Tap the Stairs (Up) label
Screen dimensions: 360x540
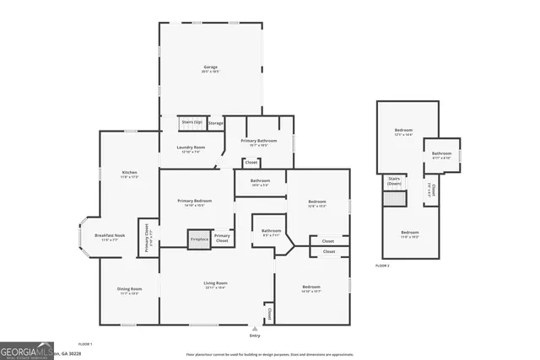coord(191,123)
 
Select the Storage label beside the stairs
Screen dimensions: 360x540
coord(215,124)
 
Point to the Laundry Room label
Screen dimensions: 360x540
coord(191,149)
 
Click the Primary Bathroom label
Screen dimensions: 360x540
coord(259,142)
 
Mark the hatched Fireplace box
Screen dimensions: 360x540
coord(198,239)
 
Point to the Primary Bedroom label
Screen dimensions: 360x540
coord(194,202)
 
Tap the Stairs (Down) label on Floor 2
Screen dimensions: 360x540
coord(394,180)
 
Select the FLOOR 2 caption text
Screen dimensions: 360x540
coord(382,266)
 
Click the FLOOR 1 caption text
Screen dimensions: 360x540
coord(85,344)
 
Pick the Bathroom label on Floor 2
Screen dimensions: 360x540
coord(442,154)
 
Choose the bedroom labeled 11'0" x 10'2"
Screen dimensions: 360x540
coord(410,234)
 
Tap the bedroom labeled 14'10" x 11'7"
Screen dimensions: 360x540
coord(311,289)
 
